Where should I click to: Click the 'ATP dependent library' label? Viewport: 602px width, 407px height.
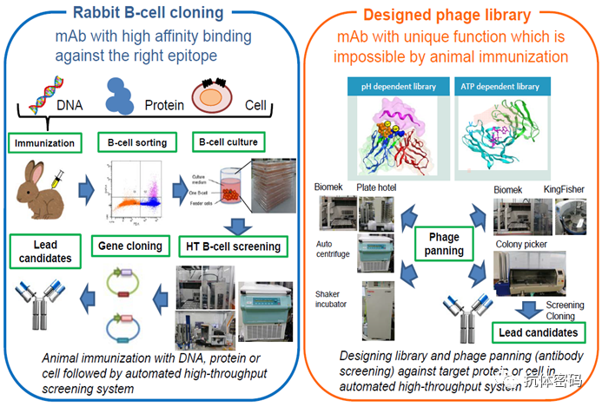click(507, 88)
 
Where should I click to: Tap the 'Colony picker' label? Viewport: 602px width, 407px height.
click(522, 244)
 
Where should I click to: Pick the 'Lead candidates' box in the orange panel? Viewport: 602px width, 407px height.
click(537, 332)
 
